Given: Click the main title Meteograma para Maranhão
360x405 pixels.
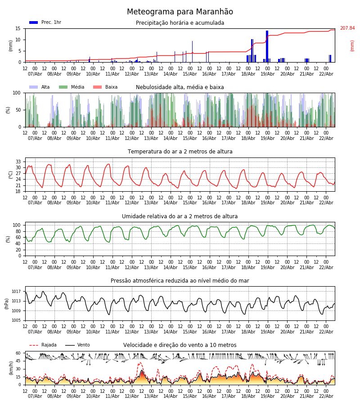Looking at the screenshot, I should click(x=180, y=12).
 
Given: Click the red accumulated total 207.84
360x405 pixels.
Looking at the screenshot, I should click(x=347, y=28).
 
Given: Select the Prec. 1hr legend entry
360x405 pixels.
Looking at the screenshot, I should click(x=45, y=22).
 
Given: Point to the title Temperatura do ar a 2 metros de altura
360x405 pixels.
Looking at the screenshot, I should click(x=180, y=152).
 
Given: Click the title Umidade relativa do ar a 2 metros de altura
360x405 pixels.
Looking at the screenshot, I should click(x=180, y=216).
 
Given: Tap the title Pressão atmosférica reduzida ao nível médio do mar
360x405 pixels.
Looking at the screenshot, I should click(x=180, y=281).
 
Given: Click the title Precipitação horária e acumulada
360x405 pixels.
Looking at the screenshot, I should click(x=180, y=23).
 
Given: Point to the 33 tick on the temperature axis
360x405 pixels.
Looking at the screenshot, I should click(x=18, y=162).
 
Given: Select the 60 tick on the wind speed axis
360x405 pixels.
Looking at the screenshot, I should click(x=18, y=353).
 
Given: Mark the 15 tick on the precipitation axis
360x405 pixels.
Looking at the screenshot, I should click(x=18, y=28).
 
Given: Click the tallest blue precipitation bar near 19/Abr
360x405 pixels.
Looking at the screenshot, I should click(x=267, y=45).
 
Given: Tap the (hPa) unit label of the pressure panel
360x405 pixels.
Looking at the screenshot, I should click(x=7, y=303).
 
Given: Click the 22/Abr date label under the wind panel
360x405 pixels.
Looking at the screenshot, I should click(x=326, y=396).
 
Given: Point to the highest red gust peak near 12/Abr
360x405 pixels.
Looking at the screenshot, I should click(x=139, y=363).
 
